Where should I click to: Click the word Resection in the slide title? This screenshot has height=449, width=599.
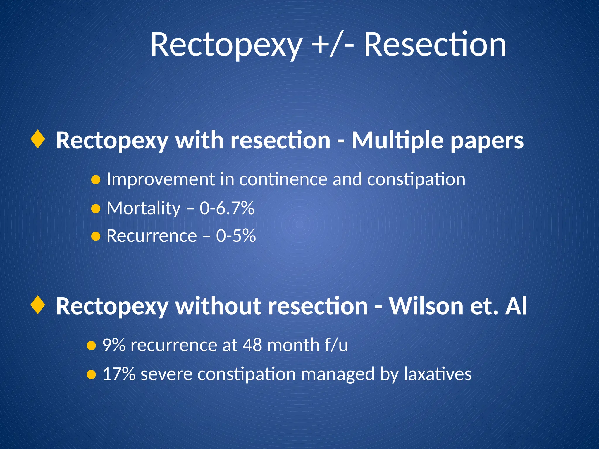[x=435, y=45]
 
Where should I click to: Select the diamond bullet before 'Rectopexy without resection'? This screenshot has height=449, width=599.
[x=38, y=305]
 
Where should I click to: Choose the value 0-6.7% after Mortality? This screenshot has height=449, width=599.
[x=227, y=208]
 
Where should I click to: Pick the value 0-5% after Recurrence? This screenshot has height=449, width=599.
[x=236, y=236]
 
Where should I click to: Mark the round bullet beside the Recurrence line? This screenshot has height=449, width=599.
[x=96, y=236]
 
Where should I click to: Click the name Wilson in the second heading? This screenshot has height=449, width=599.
[x=426, y=306]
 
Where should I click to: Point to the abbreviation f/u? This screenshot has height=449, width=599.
[x=336, y=345]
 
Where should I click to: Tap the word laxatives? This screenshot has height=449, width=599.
[x=438, y=374]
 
